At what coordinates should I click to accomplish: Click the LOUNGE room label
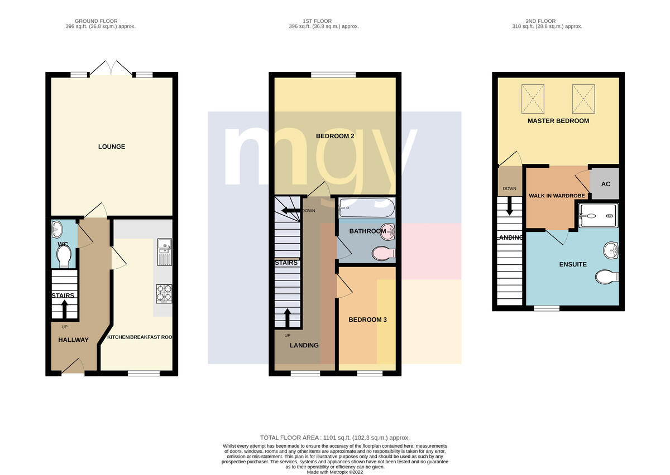pos(112,147)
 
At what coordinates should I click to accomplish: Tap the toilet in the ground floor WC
pos(64,256)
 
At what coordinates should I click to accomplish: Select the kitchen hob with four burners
pos(164,294)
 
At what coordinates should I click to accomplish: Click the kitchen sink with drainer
pos(165,252)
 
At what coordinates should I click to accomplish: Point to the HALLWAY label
pos(73,340)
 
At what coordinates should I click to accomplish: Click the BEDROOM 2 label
pos(335,136)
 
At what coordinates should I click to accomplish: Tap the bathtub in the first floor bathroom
pos(367,207)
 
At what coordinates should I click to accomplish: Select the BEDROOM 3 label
pos(367,319)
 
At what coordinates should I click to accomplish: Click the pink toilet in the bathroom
pos(384,253)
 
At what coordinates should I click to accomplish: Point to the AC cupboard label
pos(606,184)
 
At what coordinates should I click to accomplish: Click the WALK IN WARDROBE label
pos(557,196)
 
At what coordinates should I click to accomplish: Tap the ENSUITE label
pos(573,264)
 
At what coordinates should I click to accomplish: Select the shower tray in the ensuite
pos(598,215)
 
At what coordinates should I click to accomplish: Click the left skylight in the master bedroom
pos(533,99)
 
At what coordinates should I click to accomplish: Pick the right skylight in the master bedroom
pos(583,99)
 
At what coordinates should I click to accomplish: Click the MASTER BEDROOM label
pos(558,121)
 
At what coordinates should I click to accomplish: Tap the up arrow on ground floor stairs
pos(64,309)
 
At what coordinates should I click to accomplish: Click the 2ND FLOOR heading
pos(540,21)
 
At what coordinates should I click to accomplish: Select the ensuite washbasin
pos(611,250)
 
